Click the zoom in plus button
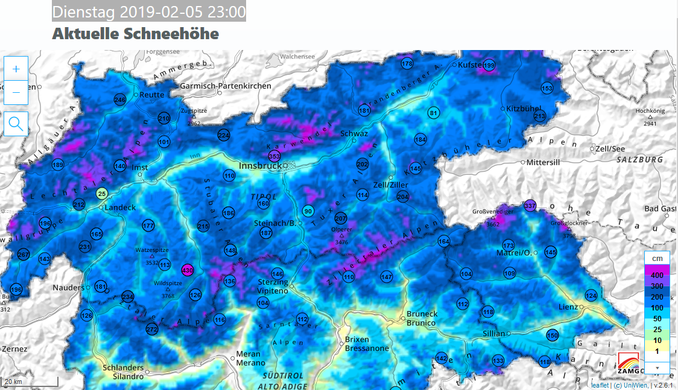pyautogui.click(x=16, y=69)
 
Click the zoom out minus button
pyautogui.click(x=16, y=92)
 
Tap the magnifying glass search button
pyautogui.click(x=16, y=124)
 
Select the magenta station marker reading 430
pyautogui.click(x=187, y=270)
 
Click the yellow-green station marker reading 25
pyautogui.click(x=102, y=193)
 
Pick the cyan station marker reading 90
pyautogui.click(x=308, y=211)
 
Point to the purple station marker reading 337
pyautogui.click(x=530, y=206)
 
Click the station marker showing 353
pyautogui.click(x=274, y=157)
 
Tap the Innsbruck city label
pyautogui.click(x=260, y=166)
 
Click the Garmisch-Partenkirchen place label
pyautogui.click(x=226, y=86)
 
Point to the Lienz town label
pyautogui.click(x=568, y=307)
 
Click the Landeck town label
pyautogui.click(x=120, y=207)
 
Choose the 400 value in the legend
pyautogui.click(x=657, y=275)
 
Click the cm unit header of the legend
pyautogui.click(x=657, y=258)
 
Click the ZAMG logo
pyautogui.click(x=630, y=364)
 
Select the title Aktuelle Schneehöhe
pyautogui.click(x=135, y=34)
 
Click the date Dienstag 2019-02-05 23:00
pyautogui.click(x=149, y=12)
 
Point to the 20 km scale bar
pyautogui.click(x=30, y=382)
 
